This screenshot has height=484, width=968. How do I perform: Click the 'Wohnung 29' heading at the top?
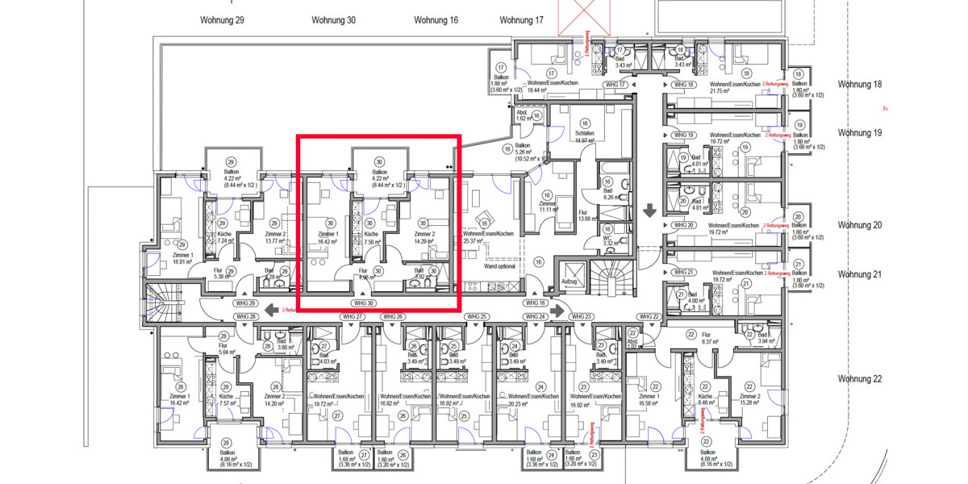coord(222,20)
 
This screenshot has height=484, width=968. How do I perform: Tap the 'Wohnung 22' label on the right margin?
coord(859,378)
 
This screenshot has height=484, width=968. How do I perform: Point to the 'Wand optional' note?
coord(499,265)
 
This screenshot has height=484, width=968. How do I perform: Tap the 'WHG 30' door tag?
coord(364,303)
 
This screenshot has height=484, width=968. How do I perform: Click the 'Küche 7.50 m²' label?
coord(371,236)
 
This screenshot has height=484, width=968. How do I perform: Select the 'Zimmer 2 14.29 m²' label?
coord(424,236)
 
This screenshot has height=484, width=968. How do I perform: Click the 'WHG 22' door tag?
coord(649,316)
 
